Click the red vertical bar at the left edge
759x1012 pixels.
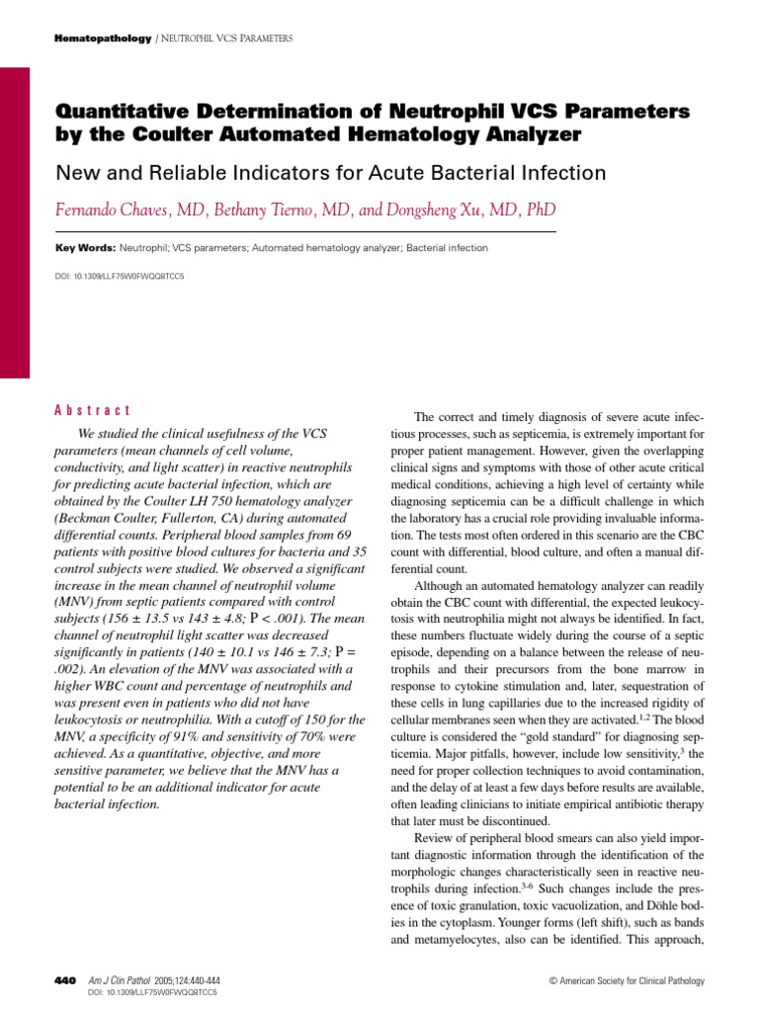tap(15, 222)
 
